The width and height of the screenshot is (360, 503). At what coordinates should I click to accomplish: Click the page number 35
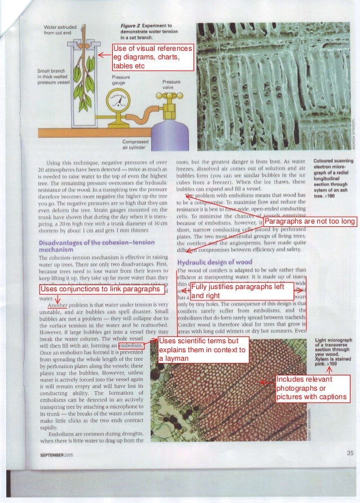click(x=349, y=453)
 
